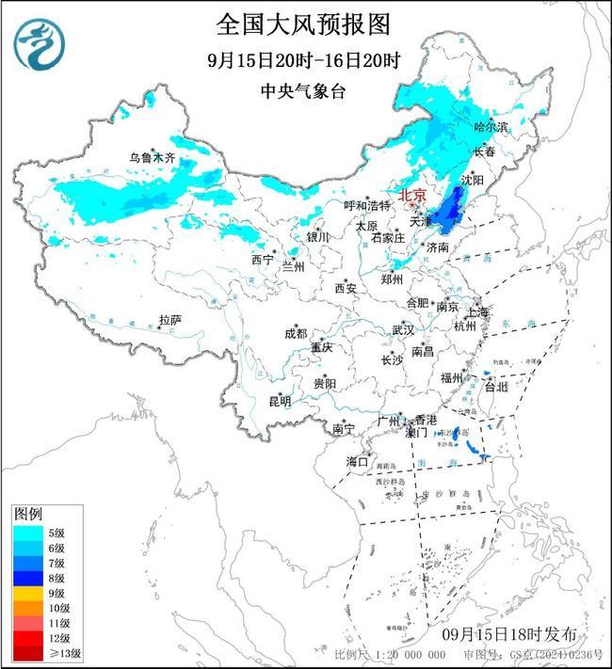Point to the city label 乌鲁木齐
pos(153,158)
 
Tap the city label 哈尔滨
pos(490,125)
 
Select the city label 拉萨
pos(169,321)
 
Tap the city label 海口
pos(357,461)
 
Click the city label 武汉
pos(403,330)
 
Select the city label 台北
pos(495,387)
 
